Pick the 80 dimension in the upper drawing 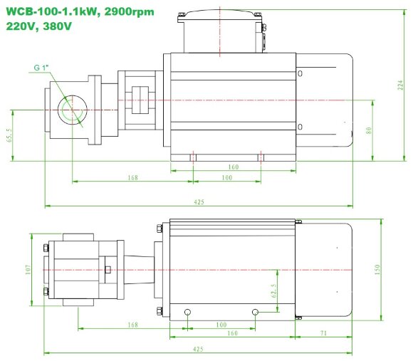coord(369,130)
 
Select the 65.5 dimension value coord(9,135)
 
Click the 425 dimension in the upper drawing coord(199,202)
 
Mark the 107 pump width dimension coord(28,271)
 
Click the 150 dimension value coord(377,270)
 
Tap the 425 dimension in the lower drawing coord(199,349)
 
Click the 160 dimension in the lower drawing coord(233,333)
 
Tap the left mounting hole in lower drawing coord(187,312)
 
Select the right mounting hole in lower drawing coord(255,312)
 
